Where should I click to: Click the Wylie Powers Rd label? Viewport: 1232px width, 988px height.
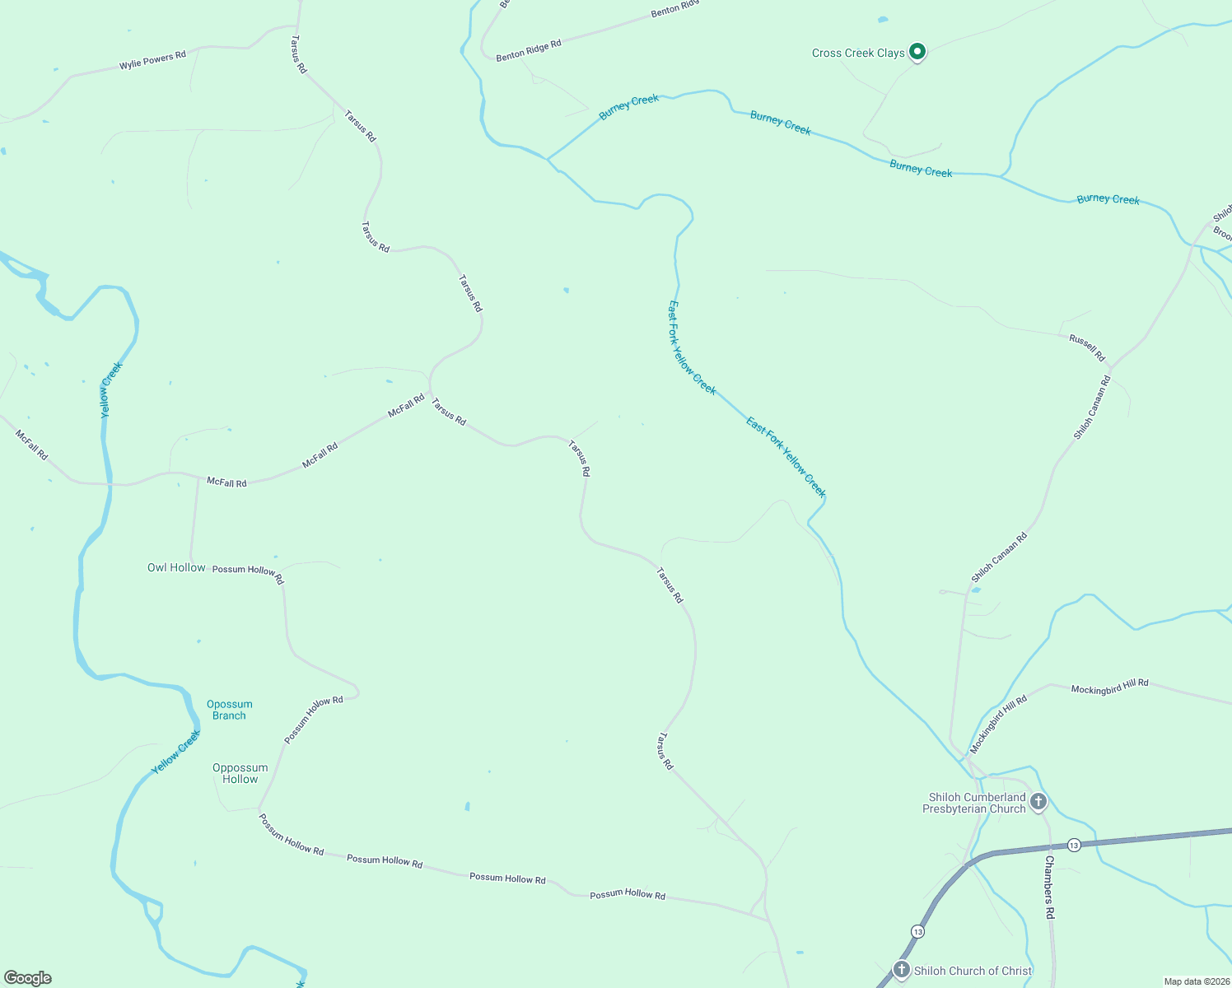152,60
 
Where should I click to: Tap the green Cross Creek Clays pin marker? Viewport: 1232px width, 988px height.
917,52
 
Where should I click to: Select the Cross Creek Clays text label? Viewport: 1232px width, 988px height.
858,53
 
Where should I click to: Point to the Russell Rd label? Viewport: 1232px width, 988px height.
1087,347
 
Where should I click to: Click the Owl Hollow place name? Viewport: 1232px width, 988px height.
176,567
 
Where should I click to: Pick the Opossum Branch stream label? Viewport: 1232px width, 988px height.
229,710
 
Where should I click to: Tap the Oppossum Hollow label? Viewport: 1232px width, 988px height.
240,773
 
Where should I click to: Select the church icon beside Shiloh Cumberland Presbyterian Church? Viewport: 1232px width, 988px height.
1038,801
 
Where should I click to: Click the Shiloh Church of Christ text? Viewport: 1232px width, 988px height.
973,971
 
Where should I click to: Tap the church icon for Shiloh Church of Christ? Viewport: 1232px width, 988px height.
902,970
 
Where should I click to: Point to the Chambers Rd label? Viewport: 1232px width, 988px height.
1050,887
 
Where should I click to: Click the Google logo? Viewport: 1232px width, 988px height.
28,978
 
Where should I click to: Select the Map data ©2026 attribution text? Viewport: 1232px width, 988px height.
1196,981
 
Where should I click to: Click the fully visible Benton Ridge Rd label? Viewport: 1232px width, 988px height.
529,49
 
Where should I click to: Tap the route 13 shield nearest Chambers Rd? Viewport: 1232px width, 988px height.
1074,846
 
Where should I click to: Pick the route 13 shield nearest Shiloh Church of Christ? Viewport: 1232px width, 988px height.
917,931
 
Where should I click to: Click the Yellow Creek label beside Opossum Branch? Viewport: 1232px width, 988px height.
175,753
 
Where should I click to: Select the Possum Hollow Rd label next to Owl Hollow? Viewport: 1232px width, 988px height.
248,573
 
